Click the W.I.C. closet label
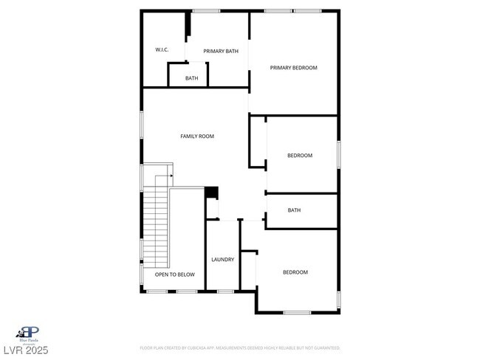(162, 49)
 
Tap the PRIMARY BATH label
(221, 51)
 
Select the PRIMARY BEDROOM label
(293, 68)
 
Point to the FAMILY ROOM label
(197, 136)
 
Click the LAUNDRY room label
(222, 260)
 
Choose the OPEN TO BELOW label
(175, 274)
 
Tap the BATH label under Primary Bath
(191, 78)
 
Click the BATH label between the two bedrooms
(294, 210)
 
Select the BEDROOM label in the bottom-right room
(295, 272)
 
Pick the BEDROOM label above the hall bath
(300, 156)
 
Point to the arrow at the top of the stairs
(171, 176)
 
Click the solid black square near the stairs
(212, 193)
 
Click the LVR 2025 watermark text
(25, 350)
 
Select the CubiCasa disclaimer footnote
(240, 347)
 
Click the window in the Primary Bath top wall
(206, 10)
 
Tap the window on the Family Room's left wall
(142, 125)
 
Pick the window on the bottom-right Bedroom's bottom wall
(297, 313)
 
